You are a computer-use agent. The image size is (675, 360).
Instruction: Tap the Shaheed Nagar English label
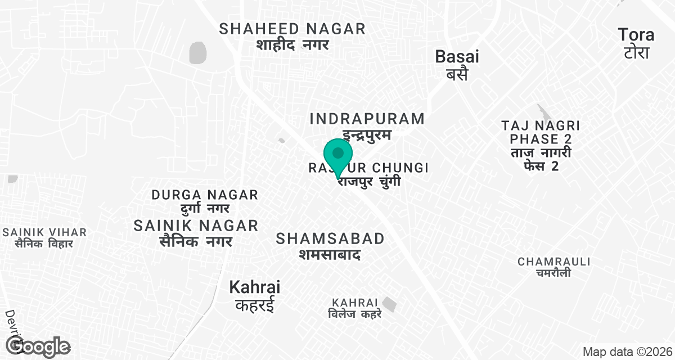292,29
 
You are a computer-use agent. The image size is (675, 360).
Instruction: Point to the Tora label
636,35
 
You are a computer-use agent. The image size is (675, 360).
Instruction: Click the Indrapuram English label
367,119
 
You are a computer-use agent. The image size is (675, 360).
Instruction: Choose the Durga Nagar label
205,195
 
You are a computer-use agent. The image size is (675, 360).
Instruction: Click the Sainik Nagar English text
196,226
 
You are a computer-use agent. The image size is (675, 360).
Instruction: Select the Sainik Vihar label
44,232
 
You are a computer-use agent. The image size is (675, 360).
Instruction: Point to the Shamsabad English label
330,238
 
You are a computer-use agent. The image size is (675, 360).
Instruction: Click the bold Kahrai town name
254,287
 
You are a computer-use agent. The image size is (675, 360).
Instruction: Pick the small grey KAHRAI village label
355,303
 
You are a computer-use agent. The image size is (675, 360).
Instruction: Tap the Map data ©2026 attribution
626,352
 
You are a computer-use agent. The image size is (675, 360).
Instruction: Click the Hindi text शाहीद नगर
292,45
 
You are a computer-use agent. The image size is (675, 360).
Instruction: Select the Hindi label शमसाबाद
330,255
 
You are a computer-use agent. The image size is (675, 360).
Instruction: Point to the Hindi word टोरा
636,52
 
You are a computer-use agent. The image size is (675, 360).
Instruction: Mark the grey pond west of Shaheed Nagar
198,52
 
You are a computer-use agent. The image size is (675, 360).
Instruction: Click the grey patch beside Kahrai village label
389,304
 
